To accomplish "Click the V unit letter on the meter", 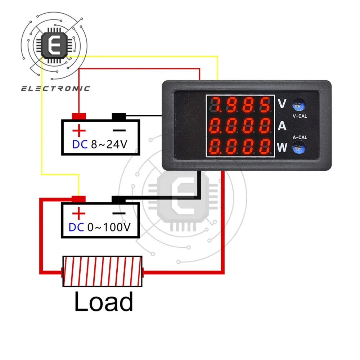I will click(x=283, y=104).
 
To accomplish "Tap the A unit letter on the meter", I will click(x=283, y=126).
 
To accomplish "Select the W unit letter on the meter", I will click(x=283, y=147).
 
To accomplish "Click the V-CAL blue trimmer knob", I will click(x=297, y=104).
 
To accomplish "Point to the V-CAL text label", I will click(x=300, y=116).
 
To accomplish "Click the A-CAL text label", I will click(x=300, y=137).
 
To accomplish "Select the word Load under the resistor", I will click(x=104, y=302).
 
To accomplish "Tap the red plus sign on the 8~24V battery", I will click(x=79, y=130).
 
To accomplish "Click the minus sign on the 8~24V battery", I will click(x=120, y=130).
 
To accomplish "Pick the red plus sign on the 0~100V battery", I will click(x=79, y=214).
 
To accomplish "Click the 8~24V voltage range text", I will click(x=109, y=144).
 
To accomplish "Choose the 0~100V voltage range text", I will click(x=109, y=228).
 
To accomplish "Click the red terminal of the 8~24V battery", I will click(x=79, y=116).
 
